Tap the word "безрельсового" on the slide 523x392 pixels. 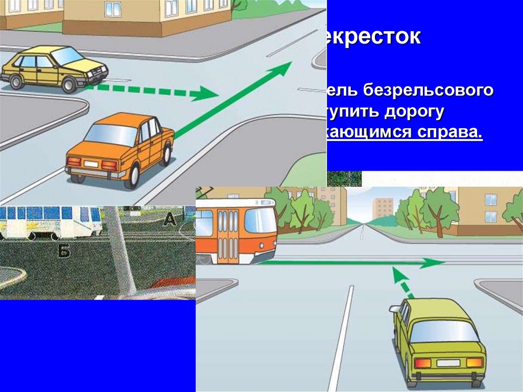[428, 91]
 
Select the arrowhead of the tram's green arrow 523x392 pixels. [436, 262]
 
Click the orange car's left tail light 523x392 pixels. [75, 162]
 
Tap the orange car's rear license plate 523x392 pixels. [91, 164]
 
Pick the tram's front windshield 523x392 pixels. [260, 221]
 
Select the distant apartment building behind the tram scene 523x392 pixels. [383, 207]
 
